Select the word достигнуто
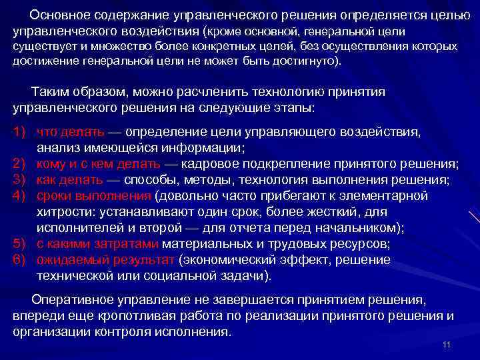pos(299,62)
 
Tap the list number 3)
pos(19,179)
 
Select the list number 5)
pos(19,243)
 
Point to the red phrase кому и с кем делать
pos(98,163)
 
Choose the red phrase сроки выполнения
pos(94,195)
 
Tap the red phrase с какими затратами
pos(97,243)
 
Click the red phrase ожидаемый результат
pos(105,259)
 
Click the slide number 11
pos(447,344)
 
